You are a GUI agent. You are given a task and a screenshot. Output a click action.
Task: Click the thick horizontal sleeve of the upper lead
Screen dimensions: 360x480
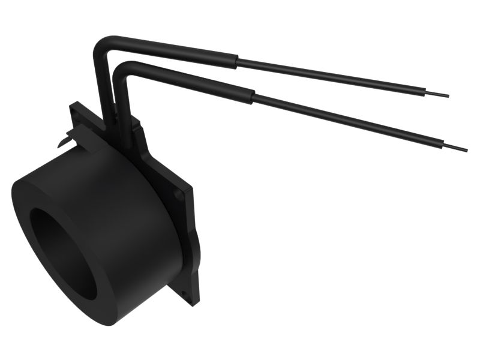(174, 50)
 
